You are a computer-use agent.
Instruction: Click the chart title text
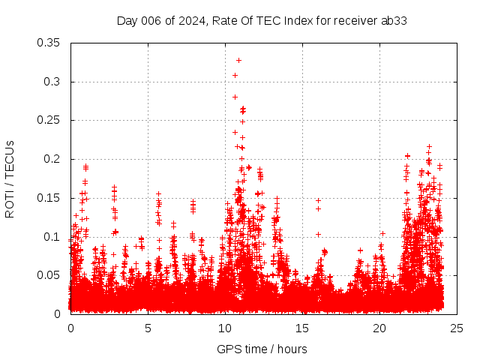tap(262, 20)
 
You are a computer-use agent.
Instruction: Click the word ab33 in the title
tap(394, 20)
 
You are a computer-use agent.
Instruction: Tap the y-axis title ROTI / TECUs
tap(10, 178)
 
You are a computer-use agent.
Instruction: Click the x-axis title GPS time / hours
tap(262, 349)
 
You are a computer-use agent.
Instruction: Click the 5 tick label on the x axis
tap(148, 328)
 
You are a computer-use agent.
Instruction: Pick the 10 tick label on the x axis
tap(225, 328)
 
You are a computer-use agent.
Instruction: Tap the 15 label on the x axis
tap(302, 328)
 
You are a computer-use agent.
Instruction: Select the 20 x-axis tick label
tap(379, 328)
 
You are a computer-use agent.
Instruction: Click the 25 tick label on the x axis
tap(457, 328)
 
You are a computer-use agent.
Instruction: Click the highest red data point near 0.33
tap(239, 60)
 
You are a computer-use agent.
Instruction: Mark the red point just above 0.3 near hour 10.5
tap(235, 75)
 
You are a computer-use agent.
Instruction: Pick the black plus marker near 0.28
tap(235, 97)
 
